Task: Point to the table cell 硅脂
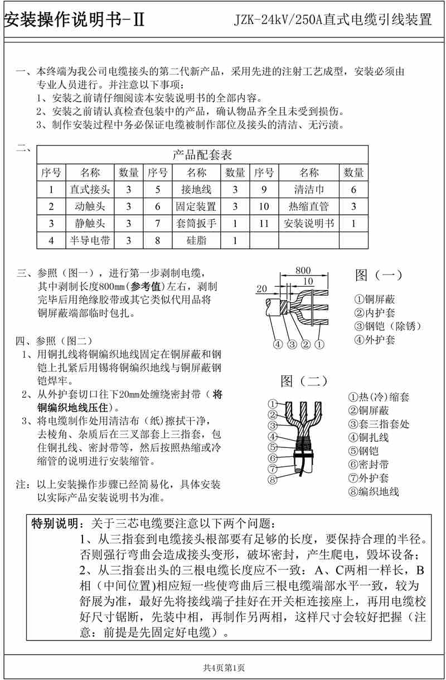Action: point(196,241)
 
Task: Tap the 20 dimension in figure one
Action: point(263,288)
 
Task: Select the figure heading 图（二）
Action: point(304,381)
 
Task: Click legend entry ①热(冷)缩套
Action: point(379,398)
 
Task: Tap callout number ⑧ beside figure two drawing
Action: point(272,479)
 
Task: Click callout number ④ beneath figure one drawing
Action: point(278,344)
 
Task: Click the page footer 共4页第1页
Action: point(223,667)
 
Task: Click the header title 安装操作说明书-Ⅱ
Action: point(75,20)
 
